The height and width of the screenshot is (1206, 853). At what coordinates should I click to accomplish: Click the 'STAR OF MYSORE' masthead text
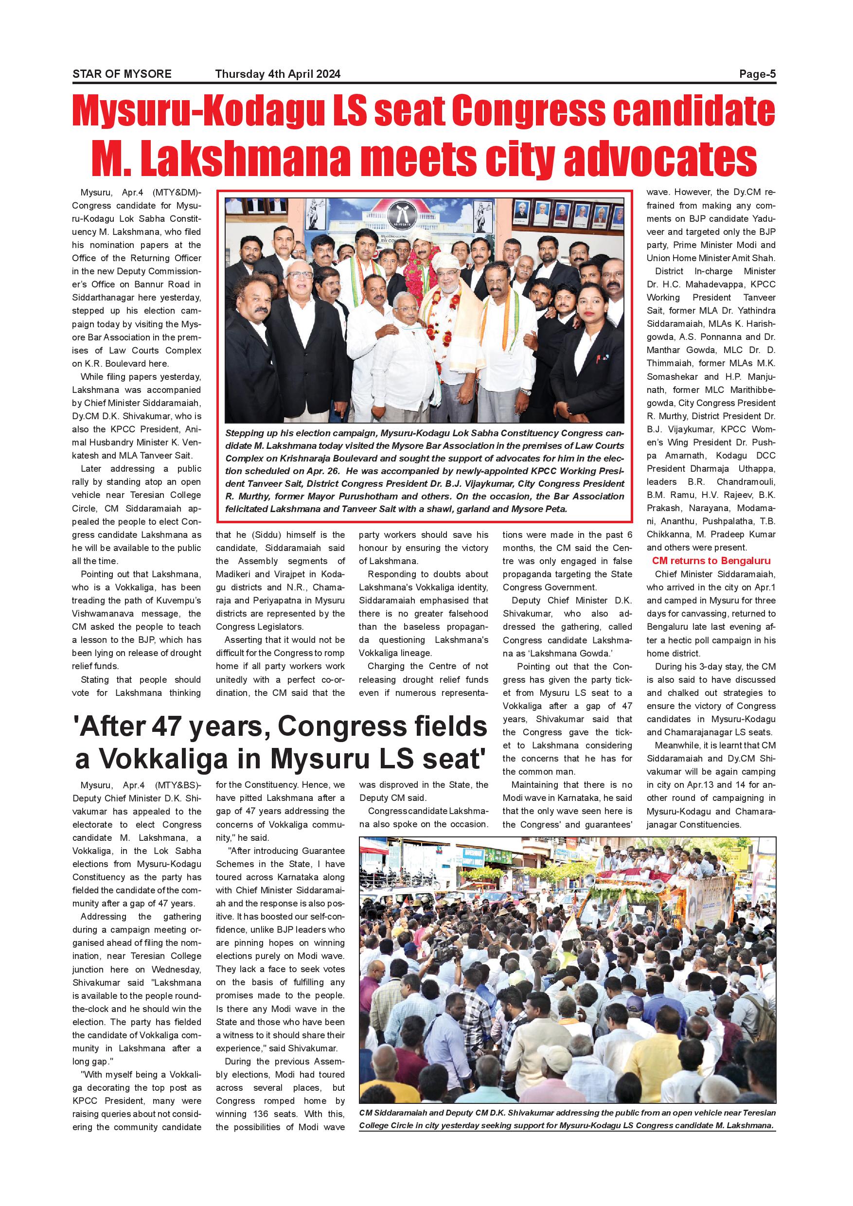122,74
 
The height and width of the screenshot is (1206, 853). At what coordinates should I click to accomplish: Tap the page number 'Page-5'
757,74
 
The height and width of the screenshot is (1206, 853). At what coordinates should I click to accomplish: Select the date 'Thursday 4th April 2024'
277,74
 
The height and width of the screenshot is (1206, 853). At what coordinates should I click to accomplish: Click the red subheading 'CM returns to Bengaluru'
711,561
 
